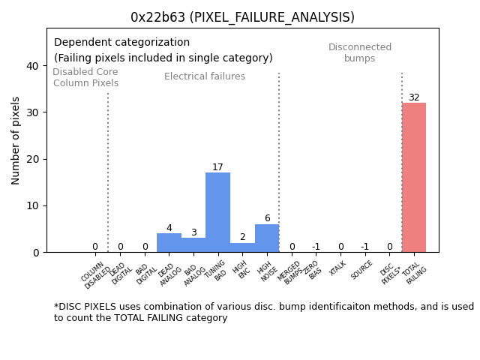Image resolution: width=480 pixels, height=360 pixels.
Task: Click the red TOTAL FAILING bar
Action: (413, 177)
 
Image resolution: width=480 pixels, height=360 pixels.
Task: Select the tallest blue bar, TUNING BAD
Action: (217, 212)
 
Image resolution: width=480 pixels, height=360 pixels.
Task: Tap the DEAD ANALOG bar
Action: (169, 243)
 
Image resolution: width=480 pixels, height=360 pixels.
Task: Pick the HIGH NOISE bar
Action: (267, 238)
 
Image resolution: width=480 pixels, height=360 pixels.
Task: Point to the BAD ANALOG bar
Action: (193, 245)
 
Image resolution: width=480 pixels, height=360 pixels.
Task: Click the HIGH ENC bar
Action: (242, 247)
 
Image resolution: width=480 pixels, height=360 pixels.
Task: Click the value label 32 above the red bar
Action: (414, 97)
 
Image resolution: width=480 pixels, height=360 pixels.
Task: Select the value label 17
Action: (217, 167)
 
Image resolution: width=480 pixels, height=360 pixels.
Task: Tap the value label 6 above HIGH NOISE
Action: (267, 218)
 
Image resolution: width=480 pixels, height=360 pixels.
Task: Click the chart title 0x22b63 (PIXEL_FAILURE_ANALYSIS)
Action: (242, 17)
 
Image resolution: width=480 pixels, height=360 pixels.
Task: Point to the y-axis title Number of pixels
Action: (16, 140)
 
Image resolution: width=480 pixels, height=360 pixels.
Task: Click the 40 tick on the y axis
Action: (32, 66)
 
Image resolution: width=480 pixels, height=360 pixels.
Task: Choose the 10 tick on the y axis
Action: (32, 205)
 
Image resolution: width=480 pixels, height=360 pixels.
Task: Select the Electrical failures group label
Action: (205, 76)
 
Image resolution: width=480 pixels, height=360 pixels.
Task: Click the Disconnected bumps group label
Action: (360, 52)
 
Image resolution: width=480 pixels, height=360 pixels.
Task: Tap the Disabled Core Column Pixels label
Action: (85, 77)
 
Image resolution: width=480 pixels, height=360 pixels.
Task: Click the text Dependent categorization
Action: (121, 43)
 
